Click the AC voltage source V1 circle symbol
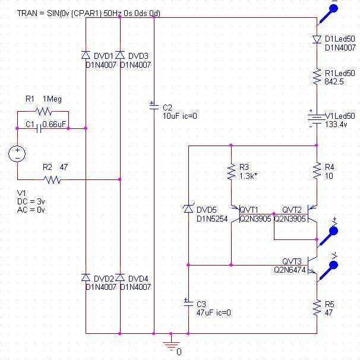(17, 154)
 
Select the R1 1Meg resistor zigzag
(43, 112)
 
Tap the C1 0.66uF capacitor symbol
(39, 128)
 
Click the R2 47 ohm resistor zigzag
(52, 179)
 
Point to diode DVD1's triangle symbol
(86, 55)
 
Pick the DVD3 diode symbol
(120, 55)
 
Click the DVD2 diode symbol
(86, 277)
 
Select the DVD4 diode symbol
(120, 277)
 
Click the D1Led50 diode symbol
(317, 39)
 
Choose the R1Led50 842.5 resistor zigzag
(317, 77)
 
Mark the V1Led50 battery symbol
(317, 119)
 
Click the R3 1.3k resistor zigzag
(231, 171)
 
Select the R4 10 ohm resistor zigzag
(317, 171)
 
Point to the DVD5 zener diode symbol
(188, 209)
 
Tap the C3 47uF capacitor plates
(188, 302)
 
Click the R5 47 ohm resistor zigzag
(317, 308)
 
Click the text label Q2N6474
(290, 270)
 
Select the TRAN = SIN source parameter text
(89, 13)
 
